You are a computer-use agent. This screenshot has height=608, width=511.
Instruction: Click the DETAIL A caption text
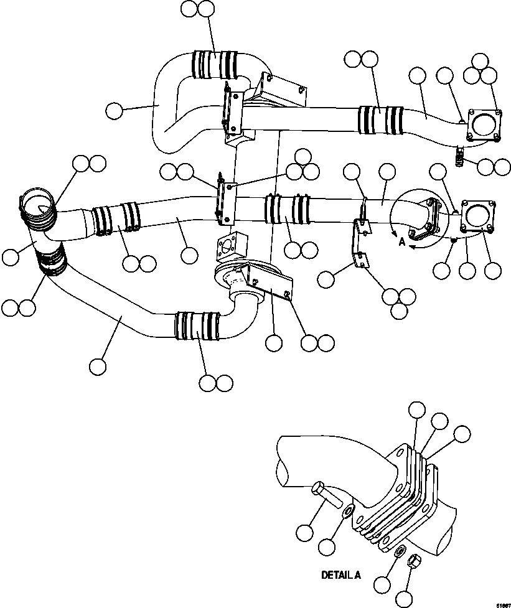click(x=340, y=575)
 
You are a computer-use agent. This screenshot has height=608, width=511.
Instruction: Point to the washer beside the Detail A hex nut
click(x=401, y=551)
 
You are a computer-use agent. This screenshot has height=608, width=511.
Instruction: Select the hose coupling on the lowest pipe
click(x=198, y=325)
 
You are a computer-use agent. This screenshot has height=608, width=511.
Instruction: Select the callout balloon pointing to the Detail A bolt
click(x=304, y=533)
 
